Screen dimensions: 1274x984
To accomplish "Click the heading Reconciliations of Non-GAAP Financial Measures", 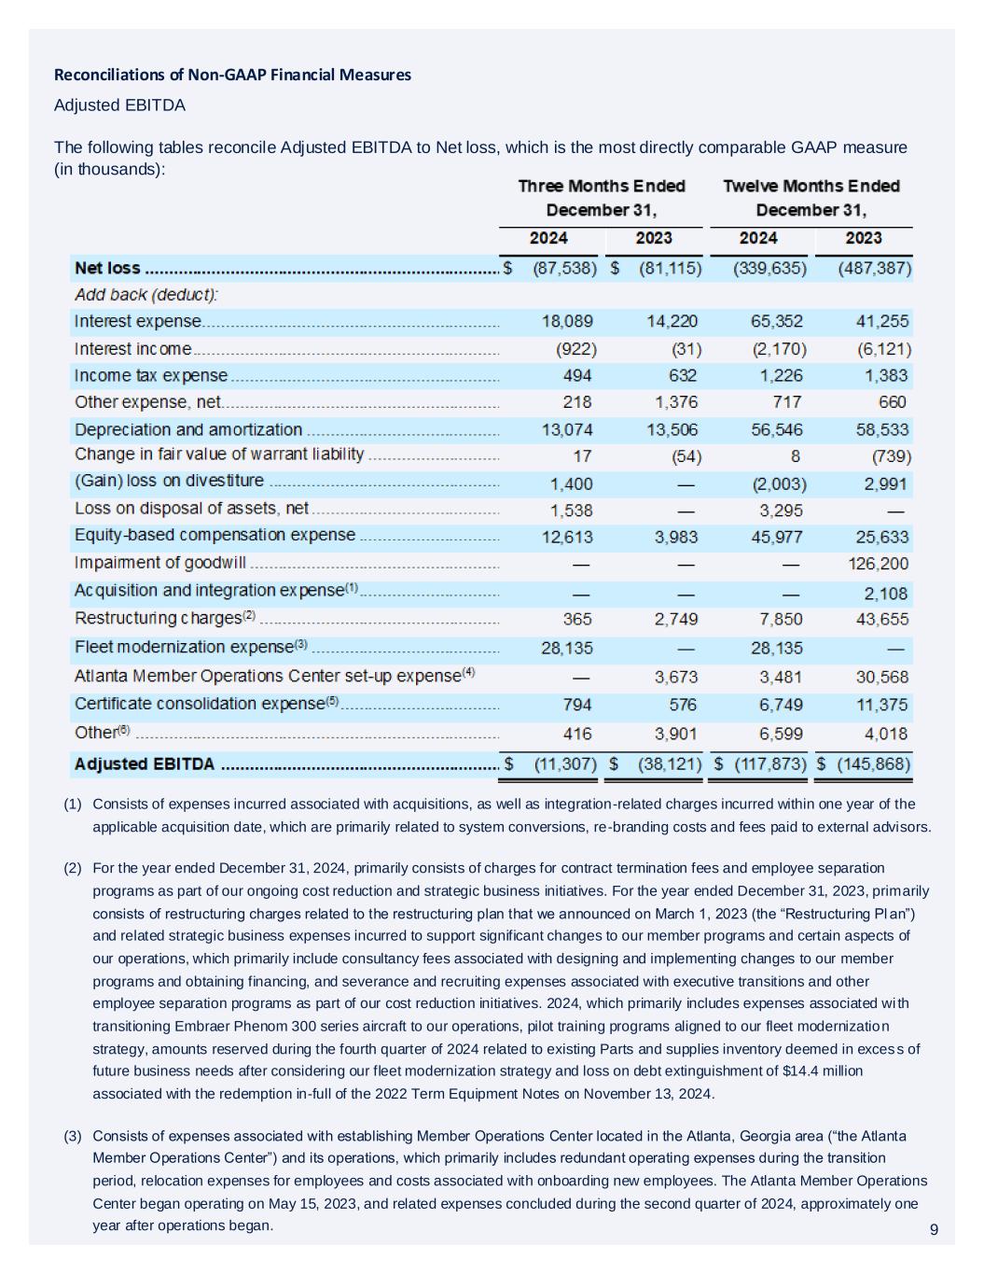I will pyautogui.click(x=232, y=75).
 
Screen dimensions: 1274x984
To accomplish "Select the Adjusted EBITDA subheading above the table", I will pyautogui.click(x=119, y=105).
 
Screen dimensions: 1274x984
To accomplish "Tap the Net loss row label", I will pyautogui.click(x=107, y=269).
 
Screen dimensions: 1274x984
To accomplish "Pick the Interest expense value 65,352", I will pyautogui.click(x=776, y=322).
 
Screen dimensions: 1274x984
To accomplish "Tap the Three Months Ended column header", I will pyautogui.click(x=602, y=187).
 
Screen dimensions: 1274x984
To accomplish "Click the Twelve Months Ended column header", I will pyautogui.click(x=811, y=187).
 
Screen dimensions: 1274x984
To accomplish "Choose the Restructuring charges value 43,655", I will pyautogui.click(x=881, y=620).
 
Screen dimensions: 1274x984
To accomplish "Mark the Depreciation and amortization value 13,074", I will pyautogui.click(x=567, y=430).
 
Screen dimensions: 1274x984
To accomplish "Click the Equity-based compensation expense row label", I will pyautogui.click(x=215, y=536).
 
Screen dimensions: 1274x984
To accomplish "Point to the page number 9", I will pyautogui.click(x=934, y=1230).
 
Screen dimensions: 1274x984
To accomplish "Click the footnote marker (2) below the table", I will pyautogui.click(x=73, y=868).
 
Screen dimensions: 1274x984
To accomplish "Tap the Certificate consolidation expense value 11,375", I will pyautogui.click(x=881, y=705).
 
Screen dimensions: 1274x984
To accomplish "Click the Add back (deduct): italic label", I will pyautogui.click(x=146, y=295).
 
